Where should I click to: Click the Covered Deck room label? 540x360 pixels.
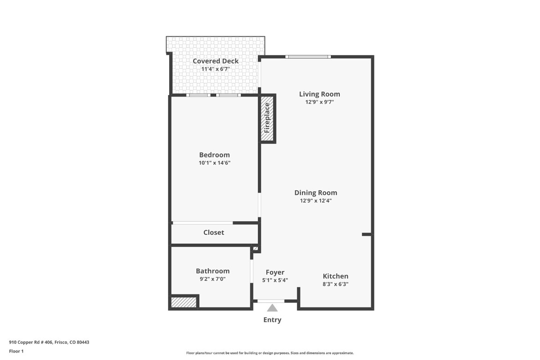tap(216, 61)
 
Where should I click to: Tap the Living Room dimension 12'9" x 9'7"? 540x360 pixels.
tap(319, 102)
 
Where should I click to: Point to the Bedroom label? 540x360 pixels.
tap(214, 155)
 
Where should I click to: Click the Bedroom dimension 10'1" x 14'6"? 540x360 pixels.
tap(214, 163)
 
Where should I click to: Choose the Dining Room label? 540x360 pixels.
tap(315, 192)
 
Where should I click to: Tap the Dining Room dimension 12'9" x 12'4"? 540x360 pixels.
tap(316, 201)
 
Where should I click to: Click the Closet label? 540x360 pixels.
tap(213, 232)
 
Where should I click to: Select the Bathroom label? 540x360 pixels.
tap(212, 270)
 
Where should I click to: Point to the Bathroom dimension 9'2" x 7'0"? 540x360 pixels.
tap(212, 279)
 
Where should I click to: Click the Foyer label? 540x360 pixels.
tap(275, 272)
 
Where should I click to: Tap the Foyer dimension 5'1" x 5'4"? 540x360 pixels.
tap(275, 280)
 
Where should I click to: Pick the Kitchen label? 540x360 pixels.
tap(335, 276)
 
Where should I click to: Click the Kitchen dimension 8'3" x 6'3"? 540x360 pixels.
tap(335, 284)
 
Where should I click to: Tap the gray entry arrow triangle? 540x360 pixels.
tap(272, 308)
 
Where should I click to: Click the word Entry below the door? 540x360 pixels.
tap(272, 320)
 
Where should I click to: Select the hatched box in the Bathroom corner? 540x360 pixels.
tap(183, 302)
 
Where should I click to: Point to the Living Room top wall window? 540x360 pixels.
tap(308, 57)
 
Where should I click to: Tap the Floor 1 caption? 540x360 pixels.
tap(16, 351)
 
